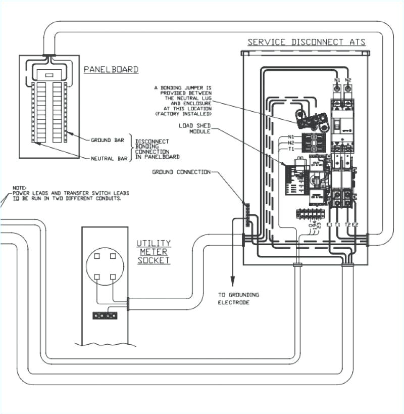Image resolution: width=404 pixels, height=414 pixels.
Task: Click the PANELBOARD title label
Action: coord(111,70)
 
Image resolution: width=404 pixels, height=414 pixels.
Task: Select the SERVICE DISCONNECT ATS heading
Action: coord(306,42)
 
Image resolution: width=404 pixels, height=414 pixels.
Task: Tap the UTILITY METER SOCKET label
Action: coord(154,251)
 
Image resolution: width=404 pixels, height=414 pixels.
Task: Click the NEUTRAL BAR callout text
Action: coord(108,158)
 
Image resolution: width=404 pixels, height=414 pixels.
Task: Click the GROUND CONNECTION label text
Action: coord(181,172)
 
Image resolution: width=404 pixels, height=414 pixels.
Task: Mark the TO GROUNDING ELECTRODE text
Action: coord(238,298)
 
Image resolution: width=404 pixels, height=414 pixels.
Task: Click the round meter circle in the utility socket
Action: coord(105,266)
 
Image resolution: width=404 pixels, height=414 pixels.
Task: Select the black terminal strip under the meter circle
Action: coord(105,315)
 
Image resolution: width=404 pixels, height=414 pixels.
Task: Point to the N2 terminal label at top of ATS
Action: coord(348,80)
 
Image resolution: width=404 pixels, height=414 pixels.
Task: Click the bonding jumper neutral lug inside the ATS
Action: coord(309,120)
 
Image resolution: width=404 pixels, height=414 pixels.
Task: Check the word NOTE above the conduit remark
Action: coord(19,188)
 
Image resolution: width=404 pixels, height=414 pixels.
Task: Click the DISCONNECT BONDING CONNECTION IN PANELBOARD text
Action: coord(157,149)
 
